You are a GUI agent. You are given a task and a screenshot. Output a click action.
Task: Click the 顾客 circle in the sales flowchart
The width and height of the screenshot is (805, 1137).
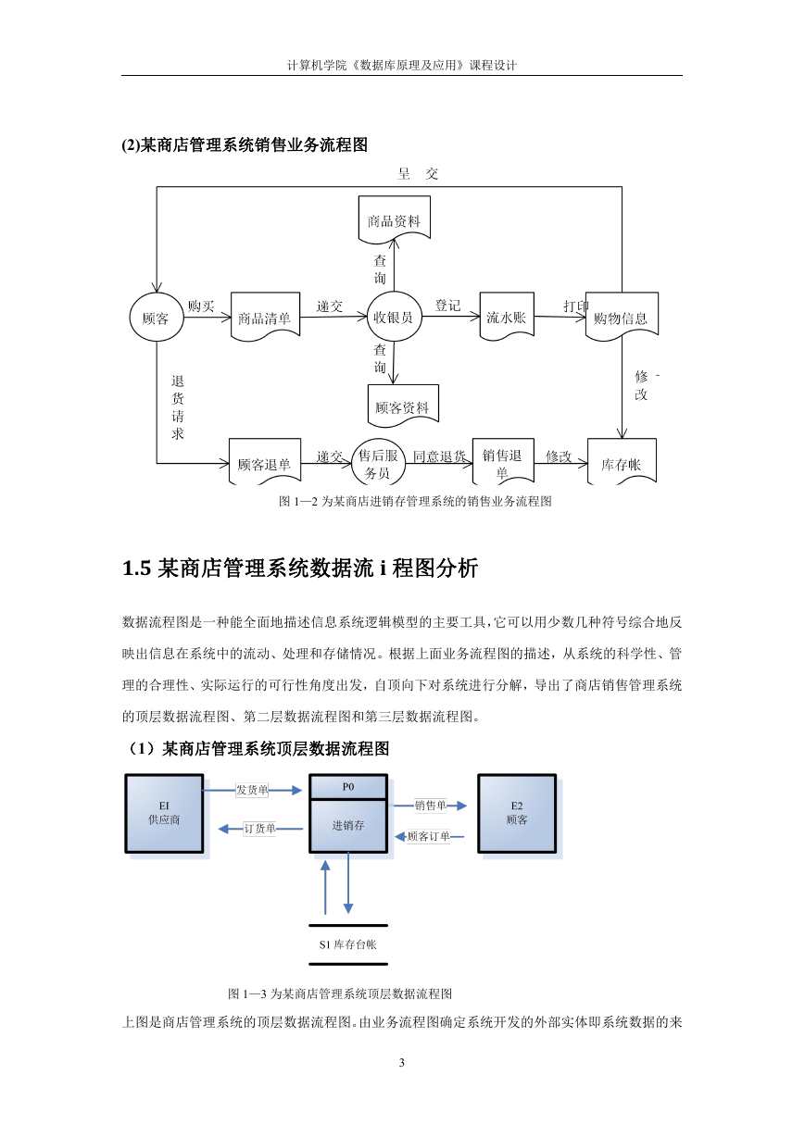156,318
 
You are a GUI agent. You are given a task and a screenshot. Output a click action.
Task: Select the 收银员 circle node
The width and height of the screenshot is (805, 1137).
394,317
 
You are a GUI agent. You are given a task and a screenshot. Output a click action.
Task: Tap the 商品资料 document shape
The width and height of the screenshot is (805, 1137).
394,219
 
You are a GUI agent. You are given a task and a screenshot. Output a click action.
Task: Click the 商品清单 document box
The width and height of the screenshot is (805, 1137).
265,317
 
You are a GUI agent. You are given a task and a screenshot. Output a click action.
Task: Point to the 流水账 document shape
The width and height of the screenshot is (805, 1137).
507,316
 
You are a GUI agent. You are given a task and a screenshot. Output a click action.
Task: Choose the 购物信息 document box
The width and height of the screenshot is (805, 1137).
622,317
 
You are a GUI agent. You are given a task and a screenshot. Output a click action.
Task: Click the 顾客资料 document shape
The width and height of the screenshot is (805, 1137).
403,405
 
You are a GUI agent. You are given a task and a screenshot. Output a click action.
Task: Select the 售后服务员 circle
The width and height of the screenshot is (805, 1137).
378,462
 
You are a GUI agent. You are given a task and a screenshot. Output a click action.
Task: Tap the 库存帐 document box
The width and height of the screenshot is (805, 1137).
622,461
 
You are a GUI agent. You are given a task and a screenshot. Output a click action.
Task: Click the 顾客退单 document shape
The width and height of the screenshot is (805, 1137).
265,461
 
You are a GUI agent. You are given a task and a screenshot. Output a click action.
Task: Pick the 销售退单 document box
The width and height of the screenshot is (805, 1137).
503,461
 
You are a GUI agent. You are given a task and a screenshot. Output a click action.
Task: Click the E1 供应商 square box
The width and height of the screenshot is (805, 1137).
164,813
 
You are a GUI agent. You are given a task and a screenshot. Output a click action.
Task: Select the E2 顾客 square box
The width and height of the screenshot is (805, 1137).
517,813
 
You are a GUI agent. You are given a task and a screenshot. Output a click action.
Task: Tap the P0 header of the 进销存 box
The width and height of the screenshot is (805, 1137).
348,787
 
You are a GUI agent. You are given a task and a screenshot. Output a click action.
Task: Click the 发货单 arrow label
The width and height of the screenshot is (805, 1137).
252,790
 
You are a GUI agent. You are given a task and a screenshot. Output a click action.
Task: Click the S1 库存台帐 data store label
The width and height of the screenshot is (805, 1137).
348,944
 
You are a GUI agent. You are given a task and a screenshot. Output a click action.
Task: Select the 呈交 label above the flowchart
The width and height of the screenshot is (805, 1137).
418,173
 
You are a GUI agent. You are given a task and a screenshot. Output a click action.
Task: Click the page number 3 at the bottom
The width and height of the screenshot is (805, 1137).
402,1062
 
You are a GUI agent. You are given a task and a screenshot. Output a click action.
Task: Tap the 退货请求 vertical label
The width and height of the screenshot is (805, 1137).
177,407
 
